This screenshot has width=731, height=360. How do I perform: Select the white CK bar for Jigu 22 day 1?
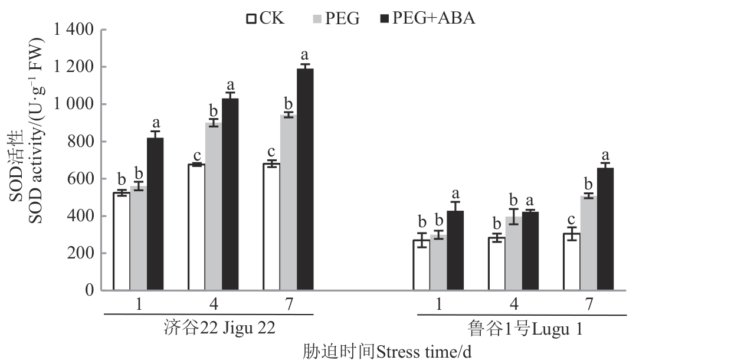tap(122, 241)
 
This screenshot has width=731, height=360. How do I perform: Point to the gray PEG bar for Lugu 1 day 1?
tap(438, 263)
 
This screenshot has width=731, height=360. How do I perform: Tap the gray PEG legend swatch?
tap(317, 19)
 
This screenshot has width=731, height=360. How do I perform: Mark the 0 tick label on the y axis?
tap(90, 290)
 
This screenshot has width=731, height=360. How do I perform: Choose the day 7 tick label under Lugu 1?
tap(589, 303)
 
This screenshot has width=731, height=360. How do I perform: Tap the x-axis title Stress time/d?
tap(387, 352)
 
